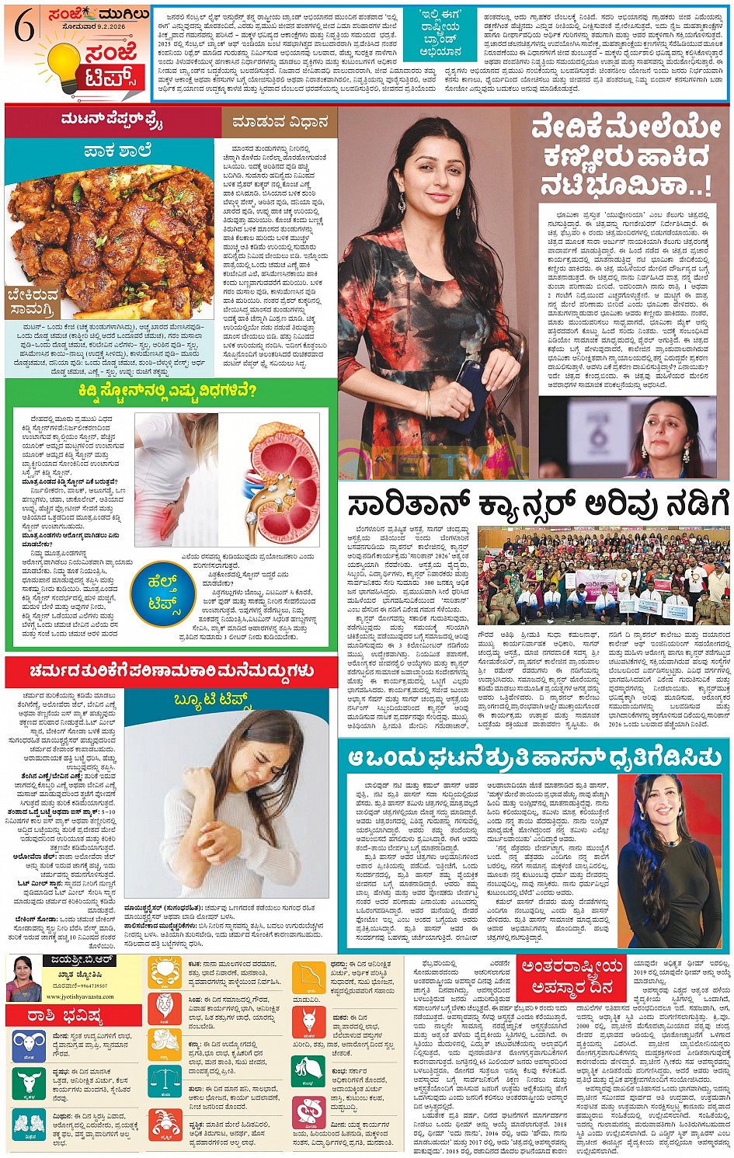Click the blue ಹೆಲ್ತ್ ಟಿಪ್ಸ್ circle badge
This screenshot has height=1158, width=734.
click(162, 590)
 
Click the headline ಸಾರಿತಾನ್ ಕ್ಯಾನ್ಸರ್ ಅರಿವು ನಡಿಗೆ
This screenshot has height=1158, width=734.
click(528, 505)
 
